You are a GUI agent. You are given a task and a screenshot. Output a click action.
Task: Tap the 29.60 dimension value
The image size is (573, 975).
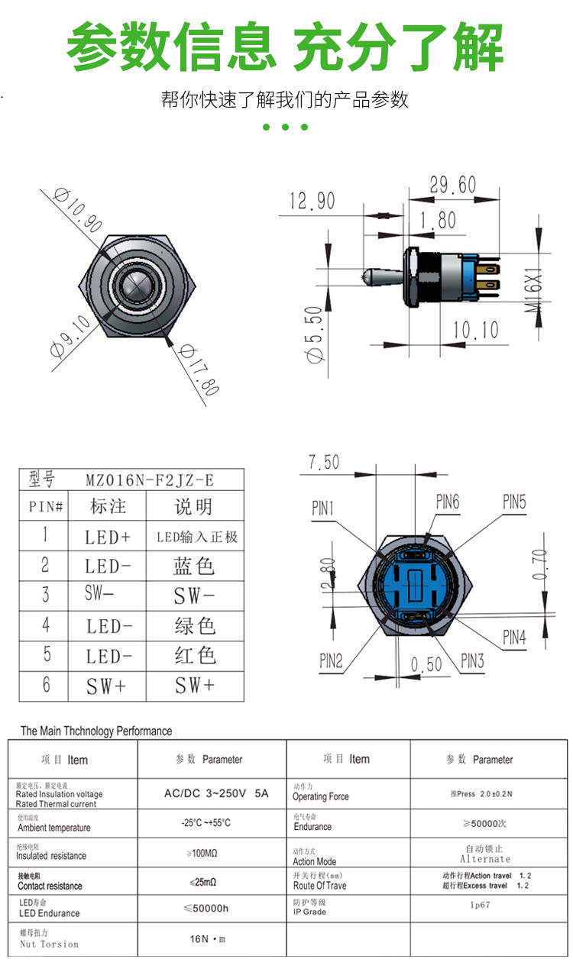point(452,185)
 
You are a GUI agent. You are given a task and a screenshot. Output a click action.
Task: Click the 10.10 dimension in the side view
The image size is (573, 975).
point(474,330)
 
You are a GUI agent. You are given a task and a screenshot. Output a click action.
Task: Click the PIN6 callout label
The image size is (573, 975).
point(448,502)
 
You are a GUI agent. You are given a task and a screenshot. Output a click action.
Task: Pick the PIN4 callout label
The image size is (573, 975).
point(514,638)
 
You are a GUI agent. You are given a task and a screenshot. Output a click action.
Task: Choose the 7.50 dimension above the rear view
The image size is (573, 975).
point(323,462)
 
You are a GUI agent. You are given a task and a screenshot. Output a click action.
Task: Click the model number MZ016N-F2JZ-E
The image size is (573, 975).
point(150,479)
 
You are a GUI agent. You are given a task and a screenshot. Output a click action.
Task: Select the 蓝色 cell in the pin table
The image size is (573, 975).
point(194,566)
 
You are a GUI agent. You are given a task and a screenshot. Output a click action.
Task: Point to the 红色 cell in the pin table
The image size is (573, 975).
point(194,656)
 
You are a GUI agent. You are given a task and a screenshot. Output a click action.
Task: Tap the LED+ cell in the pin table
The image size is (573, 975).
point(107,537)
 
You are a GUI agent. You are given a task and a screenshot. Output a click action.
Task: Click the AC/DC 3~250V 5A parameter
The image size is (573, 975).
point(216,793)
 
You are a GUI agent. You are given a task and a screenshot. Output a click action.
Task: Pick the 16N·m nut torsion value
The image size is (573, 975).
point(208,938)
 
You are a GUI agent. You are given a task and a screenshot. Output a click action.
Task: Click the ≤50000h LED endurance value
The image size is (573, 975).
point(206,908)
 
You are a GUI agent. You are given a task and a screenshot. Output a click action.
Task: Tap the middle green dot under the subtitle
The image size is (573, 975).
point(285,127)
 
